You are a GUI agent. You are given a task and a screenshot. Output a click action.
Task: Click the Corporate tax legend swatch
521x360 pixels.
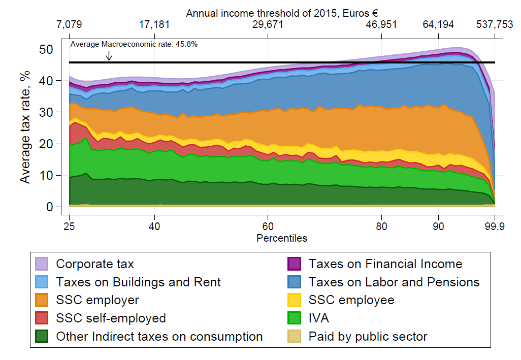point(42,264)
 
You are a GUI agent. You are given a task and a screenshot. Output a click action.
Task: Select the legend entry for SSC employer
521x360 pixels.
point(97,300)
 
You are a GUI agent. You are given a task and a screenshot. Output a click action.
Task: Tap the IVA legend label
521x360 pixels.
point(318,318)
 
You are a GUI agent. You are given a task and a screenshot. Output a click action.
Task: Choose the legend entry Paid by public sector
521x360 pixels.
point(368,337)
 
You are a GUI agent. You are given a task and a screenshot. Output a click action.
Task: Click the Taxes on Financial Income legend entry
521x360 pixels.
point(385,264)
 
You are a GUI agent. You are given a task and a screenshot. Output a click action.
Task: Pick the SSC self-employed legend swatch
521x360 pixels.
point(42,318)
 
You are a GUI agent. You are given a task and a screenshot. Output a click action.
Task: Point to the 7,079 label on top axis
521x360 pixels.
point(69,24)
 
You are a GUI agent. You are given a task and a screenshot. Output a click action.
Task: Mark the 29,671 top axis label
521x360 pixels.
point(268,24)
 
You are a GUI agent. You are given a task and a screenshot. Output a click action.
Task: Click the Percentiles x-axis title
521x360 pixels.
point(282,238)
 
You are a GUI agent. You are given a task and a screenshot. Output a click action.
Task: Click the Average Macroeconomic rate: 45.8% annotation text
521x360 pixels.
point(134,44)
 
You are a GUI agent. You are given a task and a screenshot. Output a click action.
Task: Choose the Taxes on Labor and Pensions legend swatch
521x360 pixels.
point(294,282)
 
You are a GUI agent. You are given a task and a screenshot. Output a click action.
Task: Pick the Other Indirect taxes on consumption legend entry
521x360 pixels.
point(159,337)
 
